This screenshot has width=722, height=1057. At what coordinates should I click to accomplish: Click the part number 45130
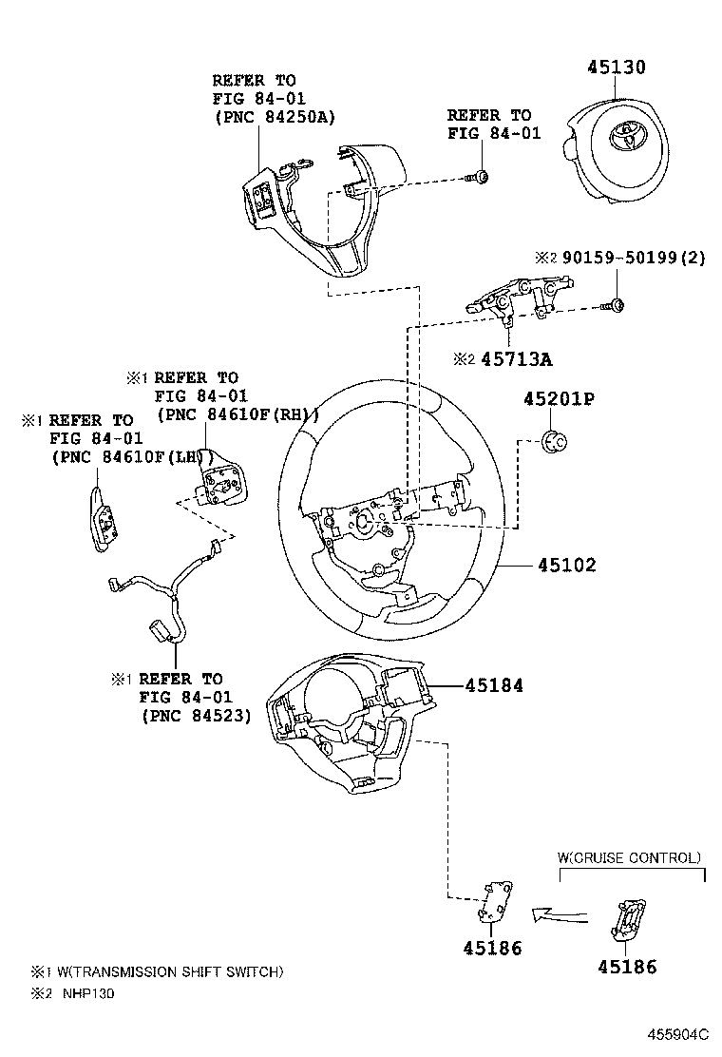click(616, 67)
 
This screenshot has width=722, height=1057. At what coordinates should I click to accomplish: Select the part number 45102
click(566, 566)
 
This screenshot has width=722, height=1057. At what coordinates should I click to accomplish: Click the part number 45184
click(494, 685)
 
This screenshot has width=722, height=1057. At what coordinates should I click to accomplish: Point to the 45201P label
click(559, 399)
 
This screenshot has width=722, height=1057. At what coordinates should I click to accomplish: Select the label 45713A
click(516, 359)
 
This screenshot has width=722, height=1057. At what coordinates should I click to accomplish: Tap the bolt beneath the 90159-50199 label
click(613, 304)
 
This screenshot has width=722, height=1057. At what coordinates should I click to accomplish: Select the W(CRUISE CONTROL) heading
click(629, 857)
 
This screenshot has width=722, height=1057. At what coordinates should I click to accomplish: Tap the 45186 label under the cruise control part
click(627, 967)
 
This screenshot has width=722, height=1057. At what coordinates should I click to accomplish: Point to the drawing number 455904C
click(678, 1033)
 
